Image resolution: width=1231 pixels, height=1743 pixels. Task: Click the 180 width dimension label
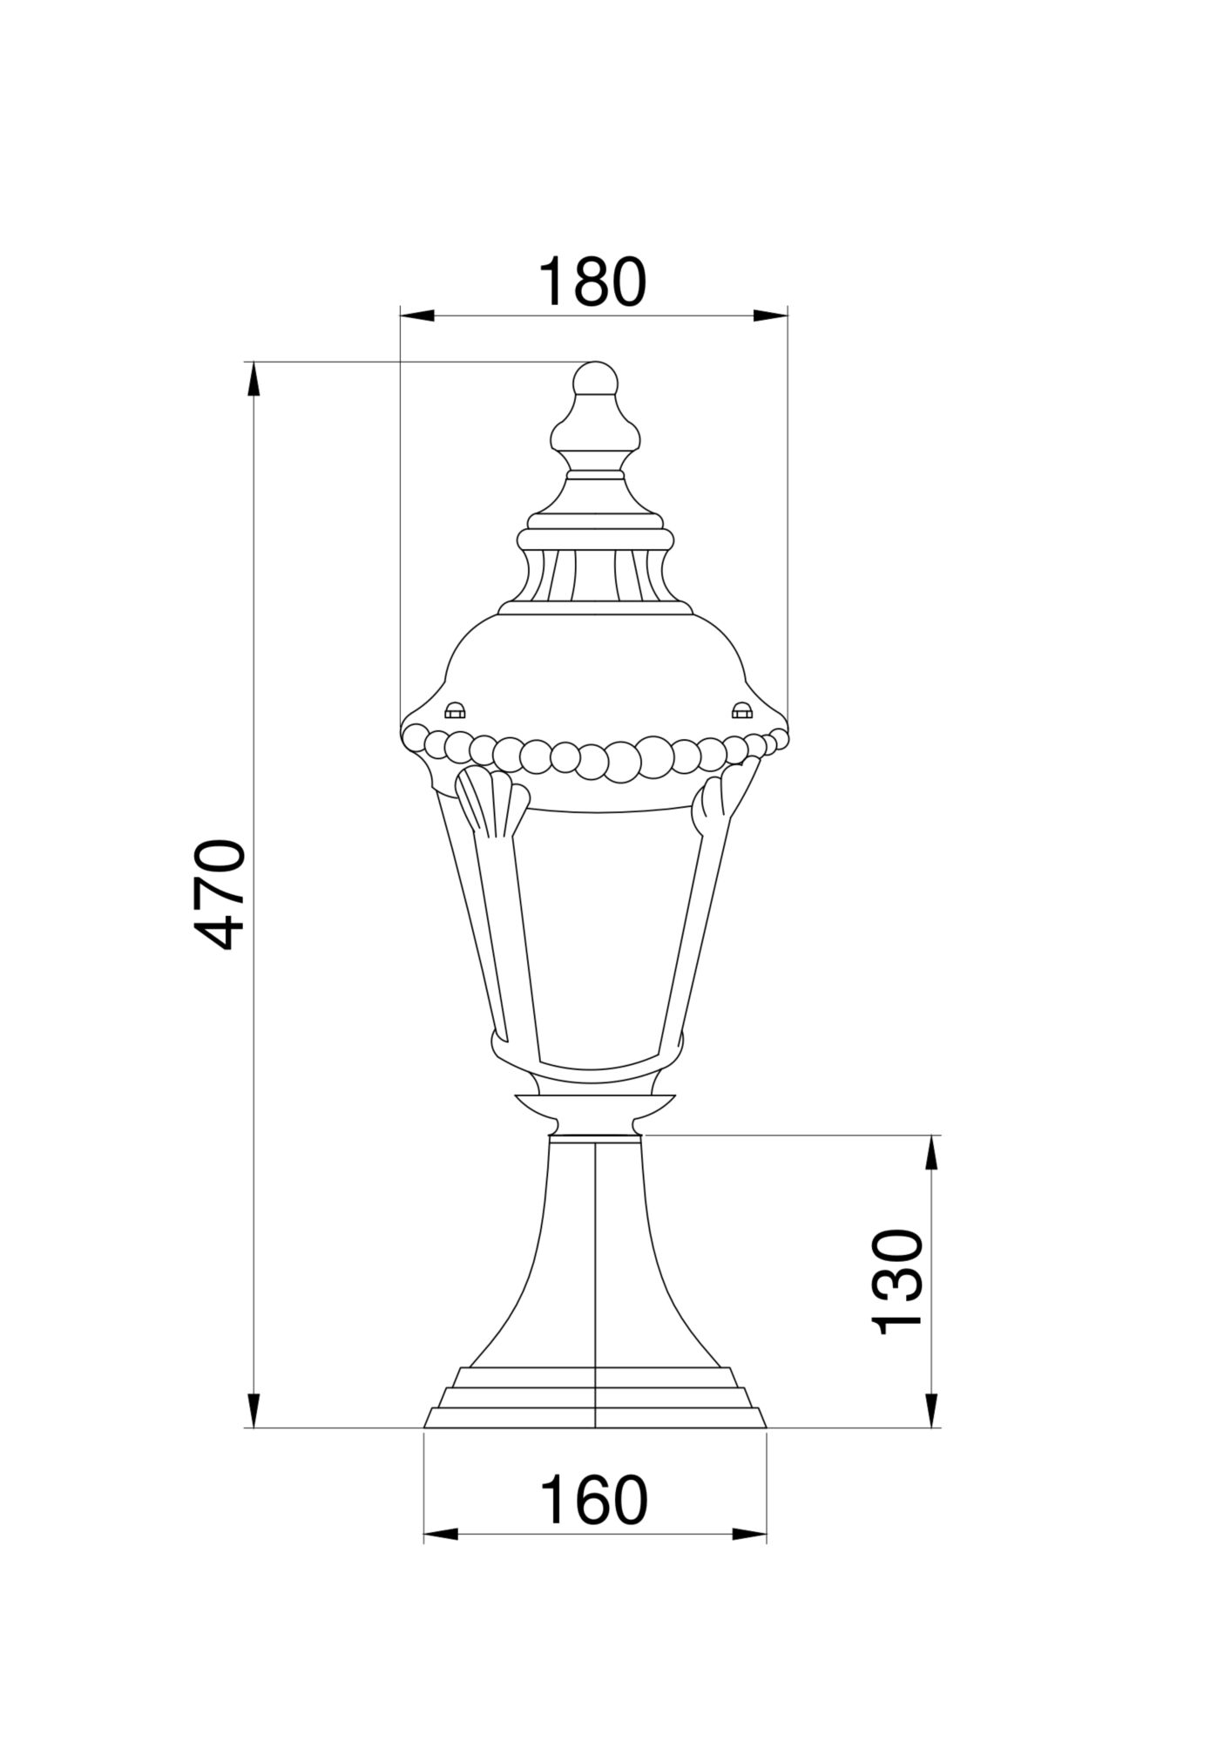coord(592,281)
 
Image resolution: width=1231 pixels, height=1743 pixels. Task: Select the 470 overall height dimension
coord(218,894)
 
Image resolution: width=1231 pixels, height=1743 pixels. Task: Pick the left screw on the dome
coord(455,710)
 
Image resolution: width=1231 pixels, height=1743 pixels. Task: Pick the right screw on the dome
coord(741,710)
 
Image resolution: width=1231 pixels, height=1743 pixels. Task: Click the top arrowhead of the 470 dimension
coord(254,380)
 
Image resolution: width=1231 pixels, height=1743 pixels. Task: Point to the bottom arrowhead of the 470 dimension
coord(254,1410)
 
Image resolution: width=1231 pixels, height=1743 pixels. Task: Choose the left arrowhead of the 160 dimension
coord(441,1558)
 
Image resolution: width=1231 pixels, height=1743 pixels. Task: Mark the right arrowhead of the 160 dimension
coord(749,1558)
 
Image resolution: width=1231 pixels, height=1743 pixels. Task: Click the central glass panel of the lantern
coord(601,937)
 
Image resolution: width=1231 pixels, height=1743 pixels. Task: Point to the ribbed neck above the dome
coord(595,575)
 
